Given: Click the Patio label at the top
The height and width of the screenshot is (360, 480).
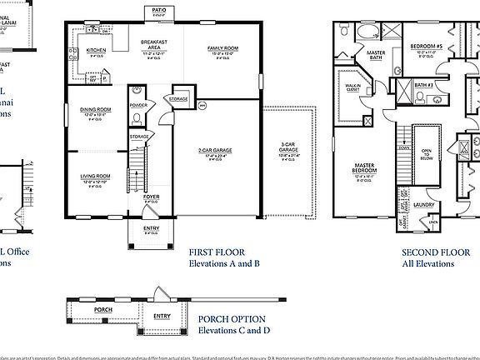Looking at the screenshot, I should tap(158, 10).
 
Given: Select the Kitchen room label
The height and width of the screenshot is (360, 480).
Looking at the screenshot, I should tap(97, 50).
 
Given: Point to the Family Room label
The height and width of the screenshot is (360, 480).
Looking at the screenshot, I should tap(222, 49).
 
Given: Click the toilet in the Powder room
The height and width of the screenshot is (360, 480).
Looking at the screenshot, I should tap(138, 119).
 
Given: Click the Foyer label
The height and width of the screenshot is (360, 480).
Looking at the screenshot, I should tap(151, 197).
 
